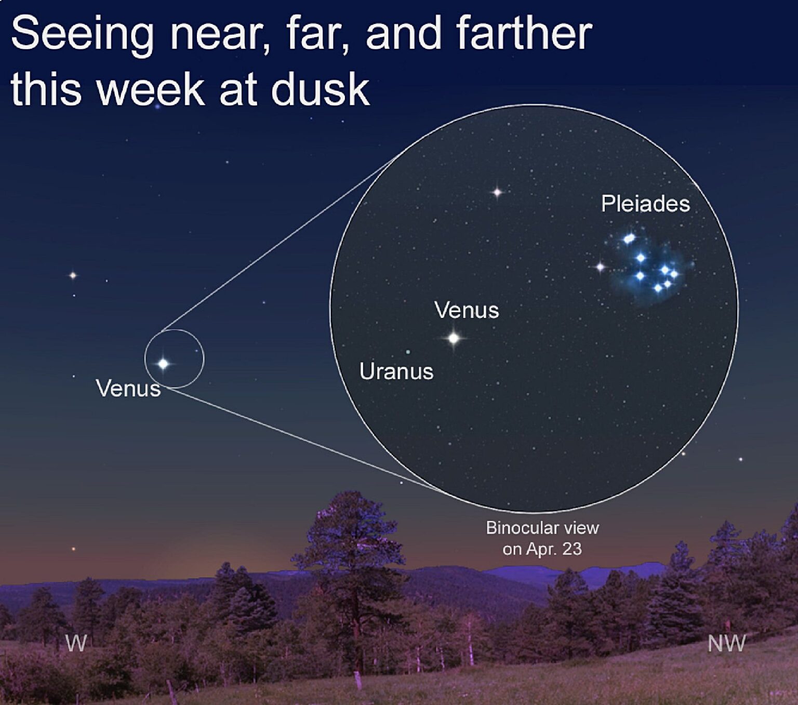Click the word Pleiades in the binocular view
(645, 204)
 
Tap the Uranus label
(396, 371)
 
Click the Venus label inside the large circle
(467, 310)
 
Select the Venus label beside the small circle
(128, 389)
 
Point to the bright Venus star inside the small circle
(164, 364)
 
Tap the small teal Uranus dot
(408, 352)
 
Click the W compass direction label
(76, 644)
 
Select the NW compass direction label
(726, 644)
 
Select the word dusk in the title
(320, 89)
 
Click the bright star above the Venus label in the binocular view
(497, 192)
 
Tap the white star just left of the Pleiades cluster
(600, 267)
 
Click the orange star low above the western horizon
(73, 549)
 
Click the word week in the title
(151, 89)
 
